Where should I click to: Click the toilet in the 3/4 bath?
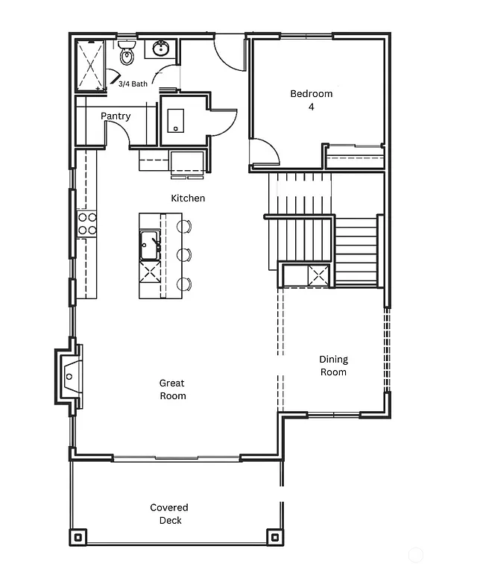tap(126, 53)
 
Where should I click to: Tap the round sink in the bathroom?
tap(160, 49)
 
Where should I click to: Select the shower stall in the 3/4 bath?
tap(92, 65)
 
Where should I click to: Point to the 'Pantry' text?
tap(116, 116)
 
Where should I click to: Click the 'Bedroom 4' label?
tap(311, 100)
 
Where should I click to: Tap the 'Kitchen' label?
tap(188, 198)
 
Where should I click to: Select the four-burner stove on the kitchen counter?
tap(87, 223)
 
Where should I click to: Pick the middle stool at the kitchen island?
tap(184, 254)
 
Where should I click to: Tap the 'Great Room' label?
tap(172, 389)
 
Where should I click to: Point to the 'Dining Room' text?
tap(333, 365)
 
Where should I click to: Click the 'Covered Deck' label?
tap(169, 513)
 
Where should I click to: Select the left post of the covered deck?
tap(78, 536)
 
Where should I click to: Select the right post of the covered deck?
tap(274, 536)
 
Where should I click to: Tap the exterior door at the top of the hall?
tap(229, 52)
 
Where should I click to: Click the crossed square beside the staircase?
tap(318, 275)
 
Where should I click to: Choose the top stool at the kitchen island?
tap(184, 226)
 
